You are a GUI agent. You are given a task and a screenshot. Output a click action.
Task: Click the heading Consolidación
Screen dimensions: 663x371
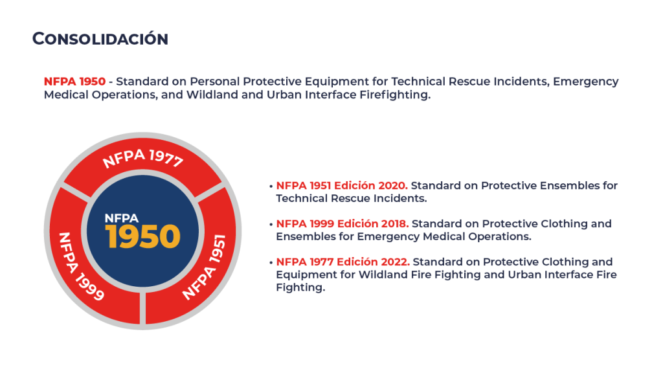(100, 38)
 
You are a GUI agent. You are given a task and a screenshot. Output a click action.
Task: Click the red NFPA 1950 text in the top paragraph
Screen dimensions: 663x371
(74, 81)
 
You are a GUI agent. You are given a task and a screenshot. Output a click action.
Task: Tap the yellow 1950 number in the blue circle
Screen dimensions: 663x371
(143, 236)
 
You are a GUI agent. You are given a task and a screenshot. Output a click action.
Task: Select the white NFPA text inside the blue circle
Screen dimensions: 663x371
(121, 218)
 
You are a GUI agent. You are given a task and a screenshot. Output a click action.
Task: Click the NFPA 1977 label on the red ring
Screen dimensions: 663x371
(143, 158)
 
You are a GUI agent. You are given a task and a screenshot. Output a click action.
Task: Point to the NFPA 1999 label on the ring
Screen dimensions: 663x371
(81, 267)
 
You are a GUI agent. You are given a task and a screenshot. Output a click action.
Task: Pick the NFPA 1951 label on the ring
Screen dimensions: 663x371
(204, 267)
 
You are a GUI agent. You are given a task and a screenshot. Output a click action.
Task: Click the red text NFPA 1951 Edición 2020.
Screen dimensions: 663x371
(342, 185)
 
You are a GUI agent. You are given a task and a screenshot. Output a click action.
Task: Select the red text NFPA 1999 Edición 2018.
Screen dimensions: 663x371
(342, 223)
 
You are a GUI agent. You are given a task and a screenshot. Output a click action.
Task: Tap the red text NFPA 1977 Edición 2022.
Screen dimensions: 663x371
(343, 262)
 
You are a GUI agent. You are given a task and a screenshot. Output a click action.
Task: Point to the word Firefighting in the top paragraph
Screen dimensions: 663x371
(395, 95)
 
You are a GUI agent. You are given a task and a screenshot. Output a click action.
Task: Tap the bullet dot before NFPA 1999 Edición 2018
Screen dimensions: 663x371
(271, 225)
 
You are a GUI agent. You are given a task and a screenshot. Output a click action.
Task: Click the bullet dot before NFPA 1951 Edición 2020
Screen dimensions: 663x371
(271, 186)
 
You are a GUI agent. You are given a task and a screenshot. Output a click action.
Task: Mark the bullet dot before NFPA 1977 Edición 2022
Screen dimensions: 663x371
(271, 263)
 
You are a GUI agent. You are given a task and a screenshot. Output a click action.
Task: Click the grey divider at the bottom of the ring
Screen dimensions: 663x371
(142, 308)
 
